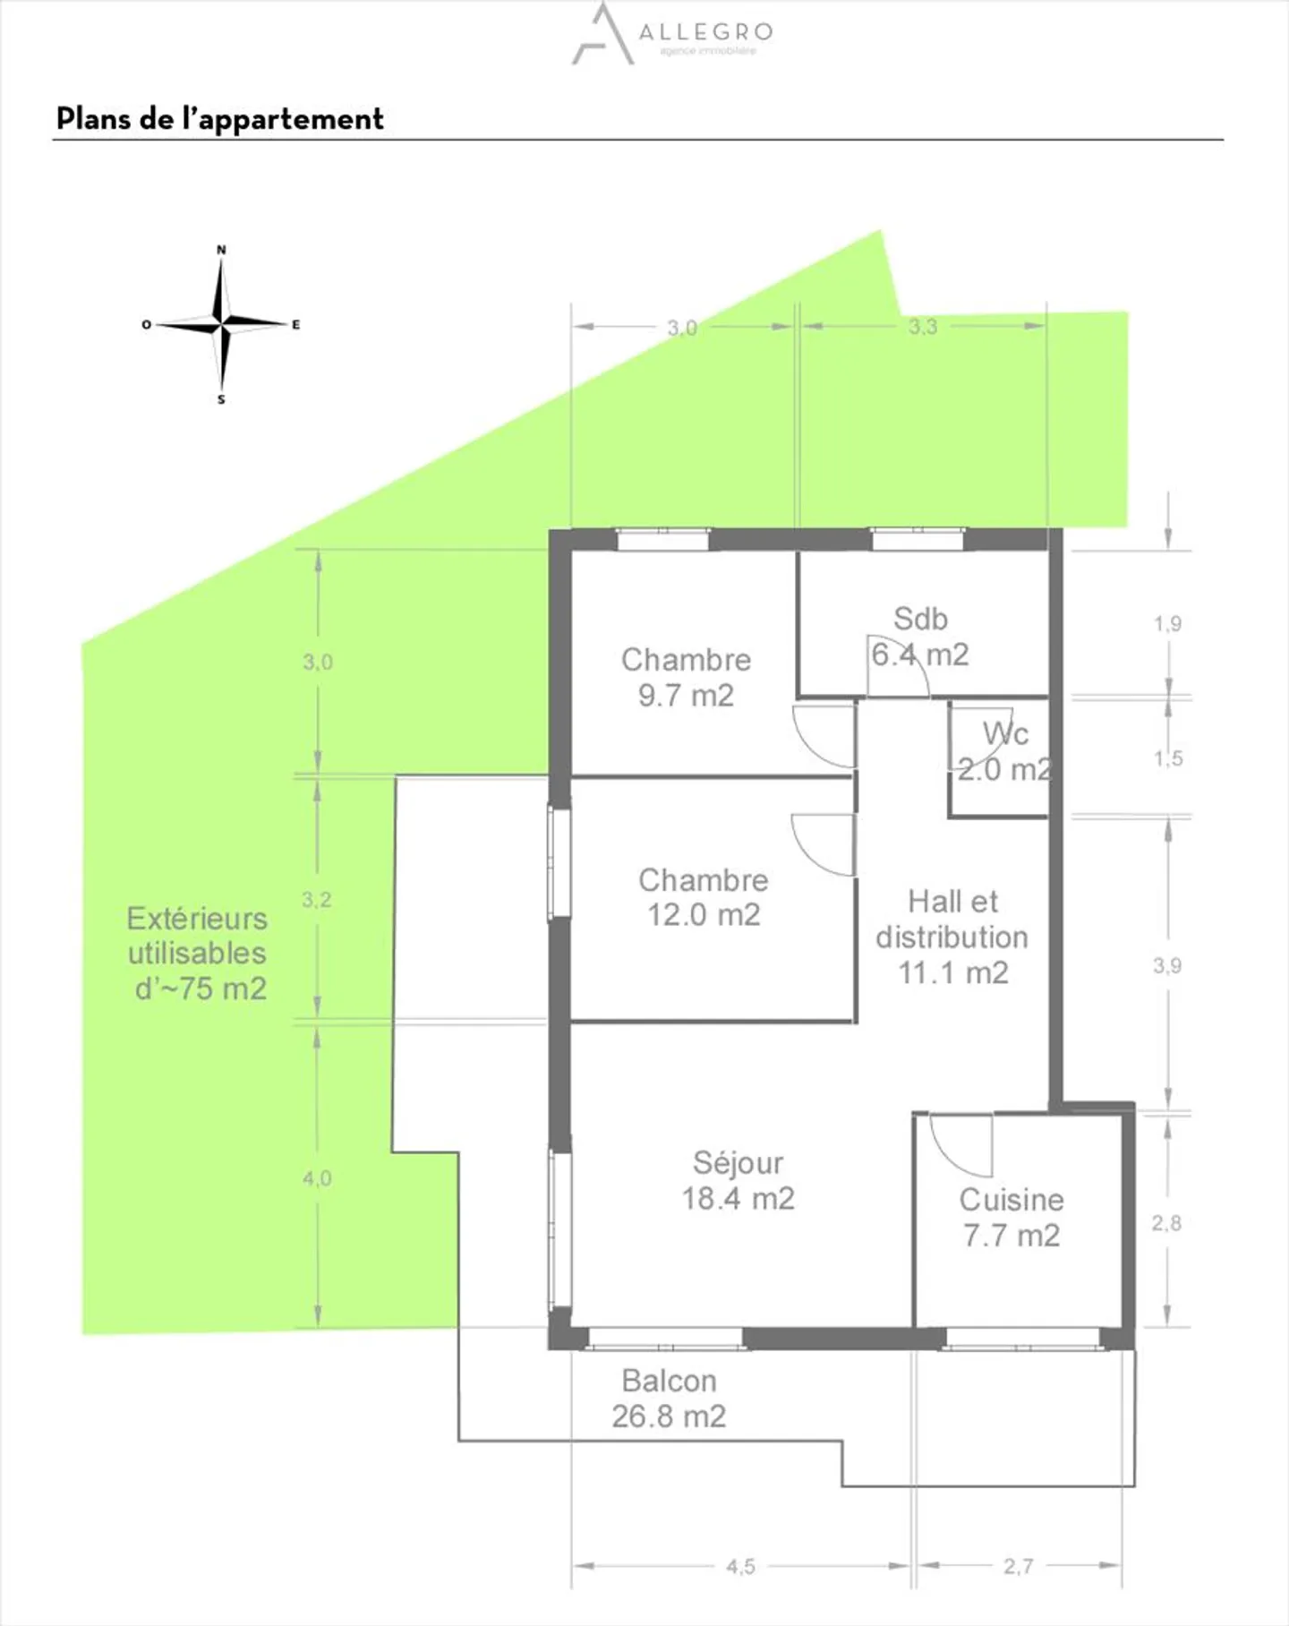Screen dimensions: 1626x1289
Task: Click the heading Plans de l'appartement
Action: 220,119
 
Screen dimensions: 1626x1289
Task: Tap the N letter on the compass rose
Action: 221,250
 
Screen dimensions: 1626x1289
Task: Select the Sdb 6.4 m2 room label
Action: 920,637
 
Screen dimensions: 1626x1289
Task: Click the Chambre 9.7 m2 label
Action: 686,677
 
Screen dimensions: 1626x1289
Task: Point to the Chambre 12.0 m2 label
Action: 704,897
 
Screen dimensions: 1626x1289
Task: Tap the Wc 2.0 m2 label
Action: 1004,751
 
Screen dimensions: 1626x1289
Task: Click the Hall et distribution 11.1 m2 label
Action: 952,937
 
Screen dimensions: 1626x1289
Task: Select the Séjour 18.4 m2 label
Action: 738,1180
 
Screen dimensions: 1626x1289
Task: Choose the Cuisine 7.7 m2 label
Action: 1012,1218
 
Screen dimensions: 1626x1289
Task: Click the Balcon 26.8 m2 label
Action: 669,1399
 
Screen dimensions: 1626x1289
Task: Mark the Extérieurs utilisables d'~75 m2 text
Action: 198,954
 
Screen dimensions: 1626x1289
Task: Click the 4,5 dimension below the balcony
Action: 740,1567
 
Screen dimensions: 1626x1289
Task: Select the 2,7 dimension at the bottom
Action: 1018,1567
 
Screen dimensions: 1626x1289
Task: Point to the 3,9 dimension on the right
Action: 1166,965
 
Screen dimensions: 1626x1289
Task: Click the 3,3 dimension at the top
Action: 922,327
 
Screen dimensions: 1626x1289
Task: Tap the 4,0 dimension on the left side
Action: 317,1178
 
